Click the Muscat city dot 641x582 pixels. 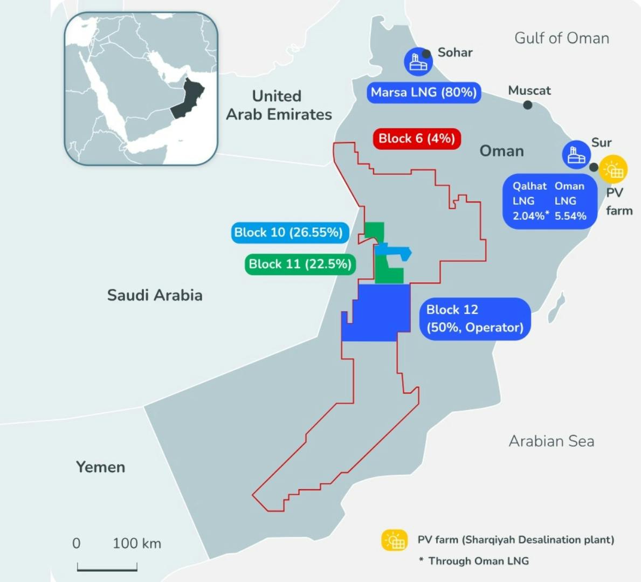[x=528, y=105]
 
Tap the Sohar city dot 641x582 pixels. [x=426, y=54]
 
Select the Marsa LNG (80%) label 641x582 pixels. [x=423, y=92]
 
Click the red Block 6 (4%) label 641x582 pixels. [x=417, y=138]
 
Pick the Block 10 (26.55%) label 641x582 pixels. [x=288, y=232]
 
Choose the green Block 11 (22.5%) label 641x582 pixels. [x=300, y=264]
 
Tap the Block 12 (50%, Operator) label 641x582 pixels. [x=474, y=318]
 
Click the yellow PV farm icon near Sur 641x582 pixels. [x=614, y=170]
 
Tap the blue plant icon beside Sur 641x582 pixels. [x=576, y=155]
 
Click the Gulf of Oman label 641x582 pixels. [x=562, y=38]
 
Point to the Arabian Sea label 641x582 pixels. [x=552, y=441]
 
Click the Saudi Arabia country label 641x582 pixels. [x=155, y=295]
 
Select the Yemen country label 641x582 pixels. [x=100, y=467]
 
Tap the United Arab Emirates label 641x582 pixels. [x=278, y=105]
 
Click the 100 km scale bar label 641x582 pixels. [x=136, y=543]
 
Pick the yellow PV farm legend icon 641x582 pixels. [x=395, y=541]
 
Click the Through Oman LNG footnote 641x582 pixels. [x=474, y=561]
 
